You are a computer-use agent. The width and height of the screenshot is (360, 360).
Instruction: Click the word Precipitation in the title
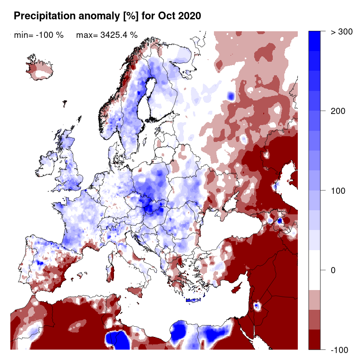(44, 16)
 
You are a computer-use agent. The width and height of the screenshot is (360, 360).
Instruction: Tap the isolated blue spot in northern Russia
(230, 96)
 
